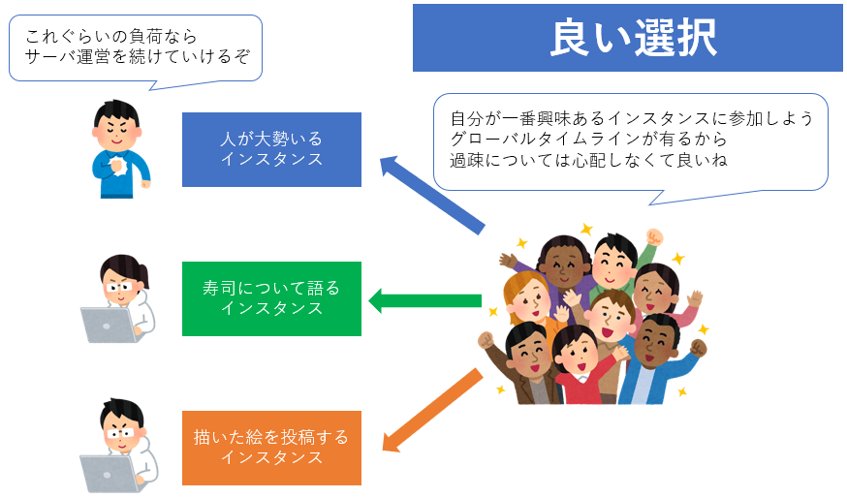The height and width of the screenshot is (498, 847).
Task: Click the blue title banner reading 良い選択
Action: coord(628,38)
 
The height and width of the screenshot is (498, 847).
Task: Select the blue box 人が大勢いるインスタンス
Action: coord(271,149)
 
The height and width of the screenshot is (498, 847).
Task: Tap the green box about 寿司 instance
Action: coord(271,298)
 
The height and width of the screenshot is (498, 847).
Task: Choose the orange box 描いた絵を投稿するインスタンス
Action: coord(271,448)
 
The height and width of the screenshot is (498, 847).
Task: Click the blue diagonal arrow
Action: coord(431,195)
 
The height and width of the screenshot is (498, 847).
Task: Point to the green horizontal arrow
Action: coord(424,301)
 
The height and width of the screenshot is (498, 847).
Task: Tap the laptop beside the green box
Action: coord(108,325)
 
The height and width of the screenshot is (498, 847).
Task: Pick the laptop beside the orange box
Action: coord(108,474)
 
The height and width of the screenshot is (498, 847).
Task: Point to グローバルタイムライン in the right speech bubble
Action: coord(546,140)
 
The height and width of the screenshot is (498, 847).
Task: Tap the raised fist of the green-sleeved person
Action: coord(654,237)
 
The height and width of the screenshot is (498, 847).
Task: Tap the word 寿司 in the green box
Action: coord(219,288)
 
